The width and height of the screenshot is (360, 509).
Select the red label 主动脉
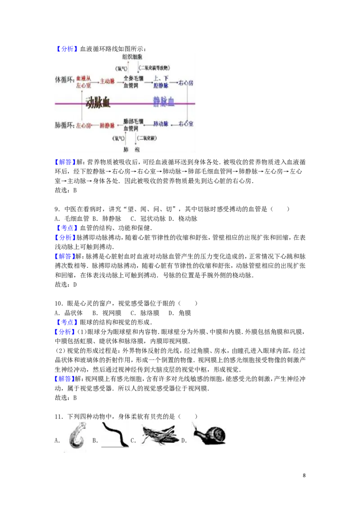(108, 81)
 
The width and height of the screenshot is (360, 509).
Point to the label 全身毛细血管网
(133, 81)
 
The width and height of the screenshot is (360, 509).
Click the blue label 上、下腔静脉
(161, 81)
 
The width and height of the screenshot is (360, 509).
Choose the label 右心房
(186, 83)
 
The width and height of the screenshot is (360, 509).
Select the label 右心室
(186, 124)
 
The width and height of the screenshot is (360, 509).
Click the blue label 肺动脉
(161, 124)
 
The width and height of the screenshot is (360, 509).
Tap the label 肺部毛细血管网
(133, 125)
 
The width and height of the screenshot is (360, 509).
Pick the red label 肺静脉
(108, 125)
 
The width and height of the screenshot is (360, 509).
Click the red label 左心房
(84, 125)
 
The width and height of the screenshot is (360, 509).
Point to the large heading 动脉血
(98, 103)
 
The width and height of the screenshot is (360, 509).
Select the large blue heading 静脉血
(164, 102)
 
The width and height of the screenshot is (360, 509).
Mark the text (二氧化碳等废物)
(153, 68)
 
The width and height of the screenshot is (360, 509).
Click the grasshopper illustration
(158, 434)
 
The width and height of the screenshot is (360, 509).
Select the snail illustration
(208, 432)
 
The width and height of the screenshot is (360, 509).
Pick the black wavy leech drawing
(116, 434)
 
